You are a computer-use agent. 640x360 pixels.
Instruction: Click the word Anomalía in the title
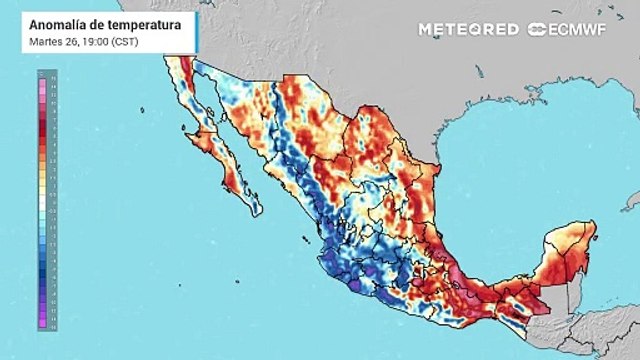[x=55, y=23]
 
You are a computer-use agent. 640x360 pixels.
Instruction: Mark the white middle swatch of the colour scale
[x=37, y=203]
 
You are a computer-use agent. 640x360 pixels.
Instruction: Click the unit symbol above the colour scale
[x=37, y=73]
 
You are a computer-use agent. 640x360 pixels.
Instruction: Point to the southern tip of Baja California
[x=258, y=212]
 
